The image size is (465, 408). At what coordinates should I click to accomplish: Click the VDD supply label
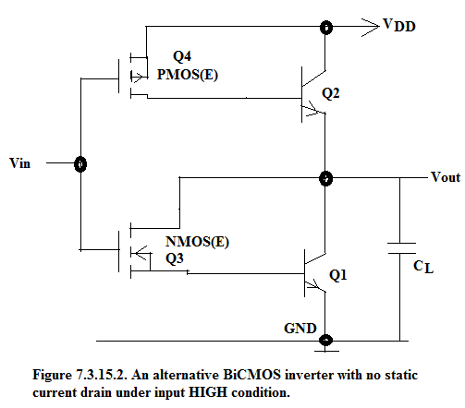[x=399, y=25]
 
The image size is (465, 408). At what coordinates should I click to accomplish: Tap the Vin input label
[x=20, y=163]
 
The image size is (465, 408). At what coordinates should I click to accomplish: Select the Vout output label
[x=446, y=177]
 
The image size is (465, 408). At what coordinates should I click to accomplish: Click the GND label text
[x=300, y=329]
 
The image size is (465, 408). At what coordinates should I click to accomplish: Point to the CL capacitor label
[x=423, y=267]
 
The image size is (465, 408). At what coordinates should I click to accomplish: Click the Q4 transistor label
[x=182, y=56]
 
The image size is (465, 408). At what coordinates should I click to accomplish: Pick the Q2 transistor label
[x=331, y=93]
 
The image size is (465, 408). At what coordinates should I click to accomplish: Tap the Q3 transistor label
[x=175, y=258]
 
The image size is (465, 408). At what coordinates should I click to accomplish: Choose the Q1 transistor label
[x=338, y=275]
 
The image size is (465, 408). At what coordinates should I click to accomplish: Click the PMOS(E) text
[x=188, y=75]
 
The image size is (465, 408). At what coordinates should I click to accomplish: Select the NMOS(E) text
[x=197, y=242]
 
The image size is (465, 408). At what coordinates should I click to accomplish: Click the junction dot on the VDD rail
[x=326, y=27]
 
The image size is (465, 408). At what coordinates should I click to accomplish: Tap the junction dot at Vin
[x=80, y=163]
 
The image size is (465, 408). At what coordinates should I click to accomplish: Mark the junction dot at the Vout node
[x=325, y=178]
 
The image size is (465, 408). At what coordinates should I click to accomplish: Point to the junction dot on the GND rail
[x=325, y=341]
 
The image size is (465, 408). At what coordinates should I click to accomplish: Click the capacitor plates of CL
[x=401, y=248]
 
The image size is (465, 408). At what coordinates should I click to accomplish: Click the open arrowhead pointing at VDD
[x=371, y=28]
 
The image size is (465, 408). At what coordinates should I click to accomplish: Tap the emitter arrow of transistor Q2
[x=313, y=109]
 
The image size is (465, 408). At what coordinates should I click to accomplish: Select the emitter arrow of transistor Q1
[x=316, y=285]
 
